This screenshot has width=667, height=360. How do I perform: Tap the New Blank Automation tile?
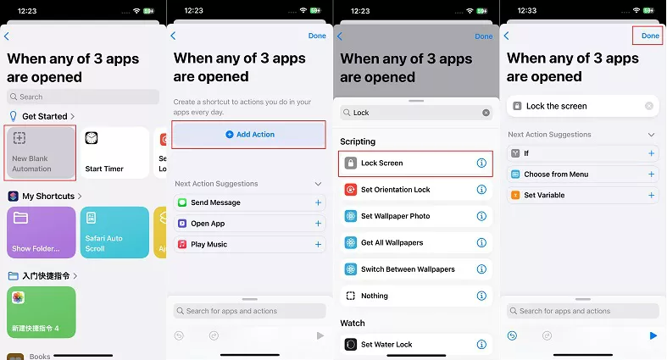(41, 152)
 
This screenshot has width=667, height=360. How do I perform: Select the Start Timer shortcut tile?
(115, 152)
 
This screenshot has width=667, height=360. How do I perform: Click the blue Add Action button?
(249, 135)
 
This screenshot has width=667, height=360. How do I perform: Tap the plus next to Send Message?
(318, 202)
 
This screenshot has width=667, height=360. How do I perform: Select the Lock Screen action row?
(415, 163)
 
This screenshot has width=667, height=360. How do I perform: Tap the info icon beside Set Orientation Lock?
(481, 190)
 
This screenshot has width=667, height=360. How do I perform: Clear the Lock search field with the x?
(486, 113)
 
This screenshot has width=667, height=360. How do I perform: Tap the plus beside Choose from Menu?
(651, 174)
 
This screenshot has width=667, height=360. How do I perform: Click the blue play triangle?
(653, 335)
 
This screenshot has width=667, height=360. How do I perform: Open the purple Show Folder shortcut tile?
(42, 232)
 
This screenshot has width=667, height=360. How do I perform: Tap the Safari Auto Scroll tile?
(115, 232)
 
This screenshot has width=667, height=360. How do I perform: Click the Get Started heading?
(45, 116)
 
